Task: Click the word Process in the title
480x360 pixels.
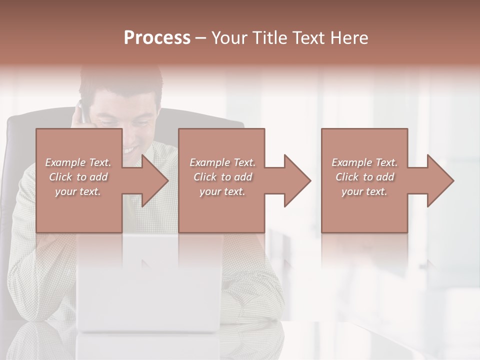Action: click(x=157, y=37)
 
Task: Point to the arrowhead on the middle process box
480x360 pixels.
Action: click(x=296, y=180)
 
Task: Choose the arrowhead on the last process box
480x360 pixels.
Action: click(x=439, y=180)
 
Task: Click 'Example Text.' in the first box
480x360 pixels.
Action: click(x=78, y=162)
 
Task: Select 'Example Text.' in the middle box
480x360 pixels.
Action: click(x=222, y=162)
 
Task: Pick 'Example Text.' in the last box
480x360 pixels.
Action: click(x=364, y=162)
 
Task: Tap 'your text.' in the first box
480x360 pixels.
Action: click(x=78, y=191)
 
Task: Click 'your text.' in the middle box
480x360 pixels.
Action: click(x=222, y=191)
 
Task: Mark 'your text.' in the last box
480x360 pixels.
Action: click(x=364, y=191)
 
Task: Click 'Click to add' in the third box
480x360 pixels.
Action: click(x=364, y=177)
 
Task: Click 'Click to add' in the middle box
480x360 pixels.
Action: click(x=222, y=177)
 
